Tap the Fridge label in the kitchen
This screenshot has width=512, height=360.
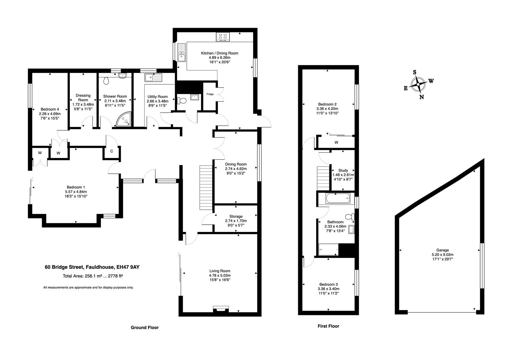(x=210, y=94)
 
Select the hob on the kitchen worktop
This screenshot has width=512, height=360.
(x=223, y=37)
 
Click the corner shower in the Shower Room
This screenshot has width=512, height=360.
(x=124, y=120)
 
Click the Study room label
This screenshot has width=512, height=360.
(x=343, y=170)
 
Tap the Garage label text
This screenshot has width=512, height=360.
(x=442, y=250)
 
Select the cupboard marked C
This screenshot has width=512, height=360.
(x=112, y=151)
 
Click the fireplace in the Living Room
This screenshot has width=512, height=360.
(x=221, y=309)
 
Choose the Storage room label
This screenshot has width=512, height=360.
(x=236, y=216)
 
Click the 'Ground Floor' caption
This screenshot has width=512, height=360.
(x=144, y=328)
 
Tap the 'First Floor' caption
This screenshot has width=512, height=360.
(x=328, y=326)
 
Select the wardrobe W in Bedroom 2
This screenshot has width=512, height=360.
(x=336, y=142)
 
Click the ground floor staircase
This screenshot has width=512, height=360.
(x=206, y=187)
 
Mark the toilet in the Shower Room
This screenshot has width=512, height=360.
(x=107, y=81)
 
